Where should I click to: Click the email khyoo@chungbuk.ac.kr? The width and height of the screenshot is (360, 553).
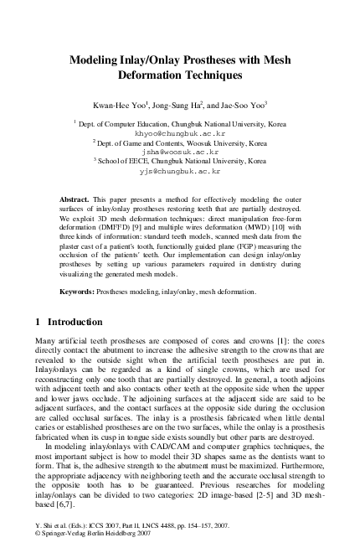tap(180, 132)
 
